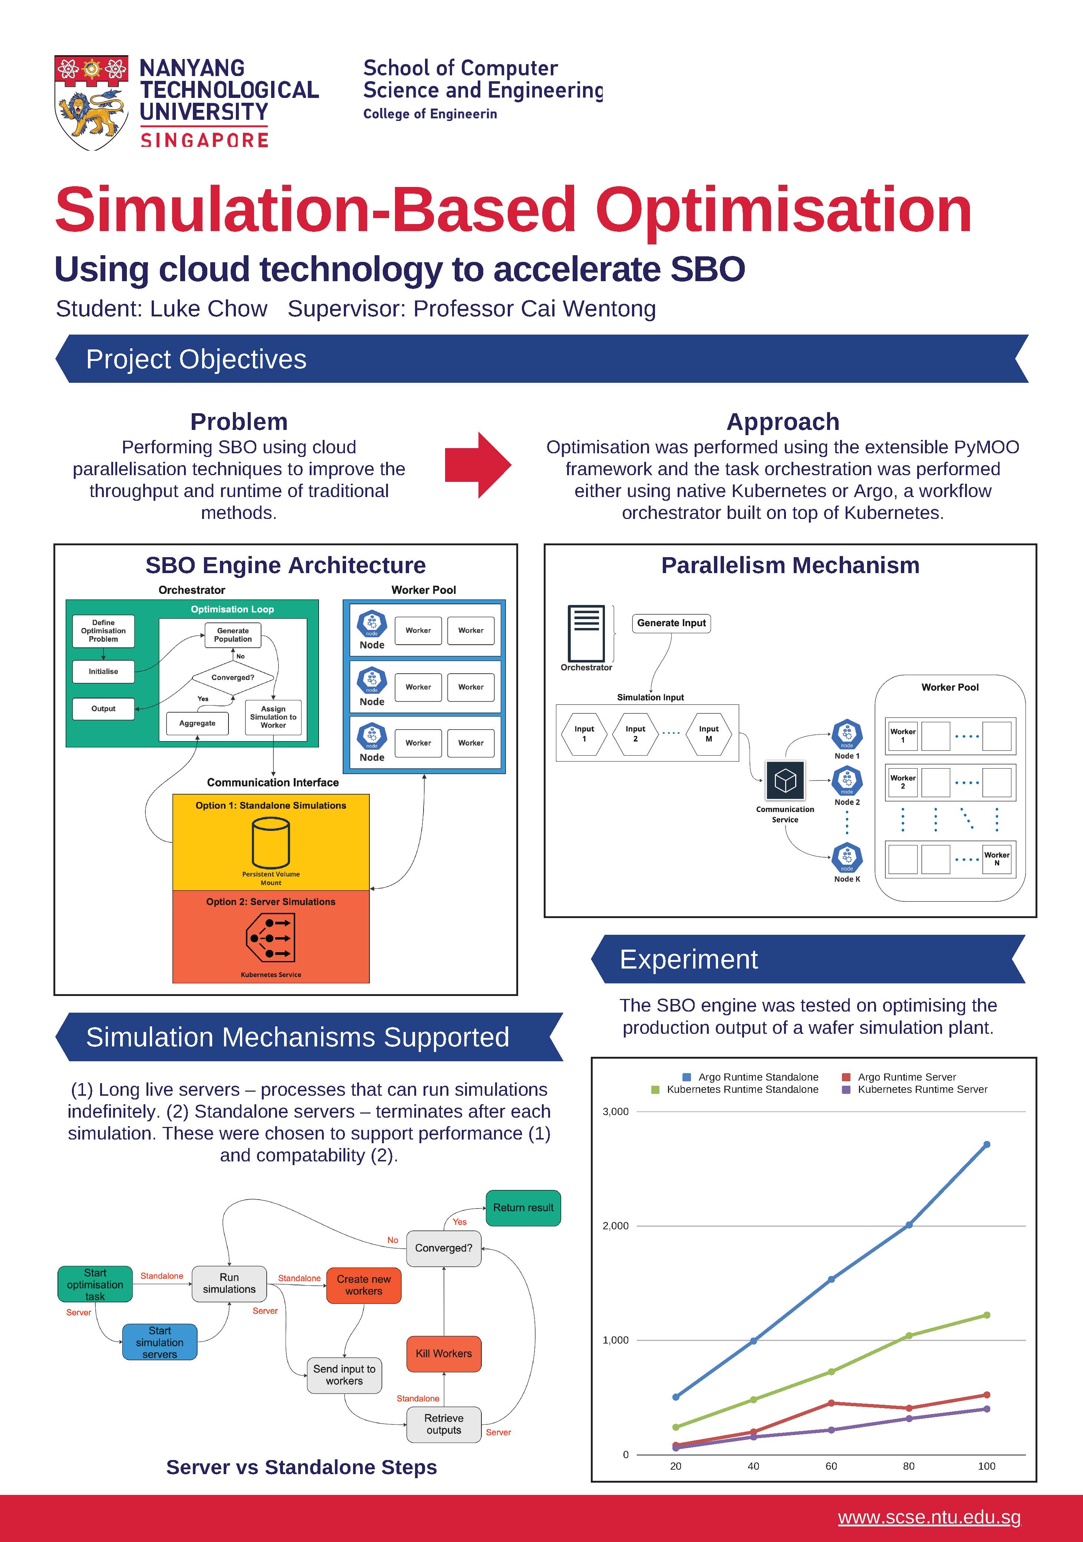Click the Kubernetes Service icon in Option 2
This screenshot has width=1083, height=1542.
(x=271, y=938)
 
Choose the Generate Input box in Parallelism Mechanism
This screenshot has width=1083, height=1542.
(x=671, y=623)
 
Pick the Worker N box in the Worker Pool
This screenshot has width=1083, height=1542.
(x=997, y=859)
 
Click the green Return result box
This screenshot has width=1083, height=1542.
(x=523, y=1207)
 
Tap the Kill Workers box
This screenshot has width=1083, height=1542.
(x=444, y=1353)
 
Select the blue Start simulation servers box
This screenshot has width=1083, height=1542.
(x=160, y=1342)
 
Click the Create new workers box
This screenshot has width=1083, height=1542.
(x=364, y=1285)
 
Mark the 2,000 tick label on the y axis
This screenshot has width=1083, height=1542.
(x=616, y=1226)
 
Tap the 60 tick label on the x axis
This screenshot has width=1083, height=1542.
(x=831, y=1466)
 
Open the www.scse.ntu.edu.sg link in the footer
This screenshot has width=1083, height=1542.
(x=929, y=1517)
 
